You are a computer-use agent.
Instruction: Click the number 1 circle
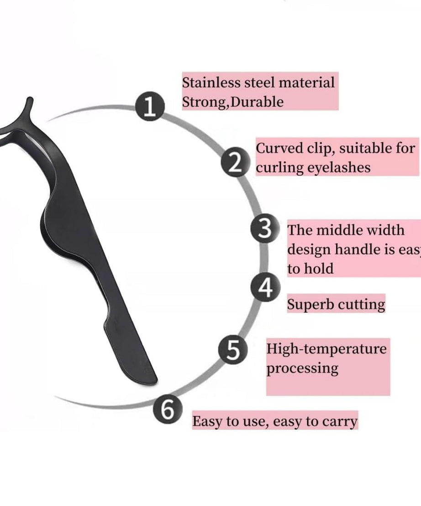tap(149, 108)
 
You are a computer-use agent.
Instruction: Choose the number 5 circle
tap(232, 350)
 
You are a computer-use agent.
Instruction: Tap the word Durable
tap(258, 102)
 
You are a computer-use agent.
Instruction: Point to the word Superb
tap(307, 304)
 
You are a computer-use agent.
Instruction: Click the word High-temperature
tap(326, 349)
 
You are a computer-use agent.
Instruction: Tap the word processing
tap(302, 369)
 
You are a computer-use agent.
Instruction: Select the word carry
tap(339, 421)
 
